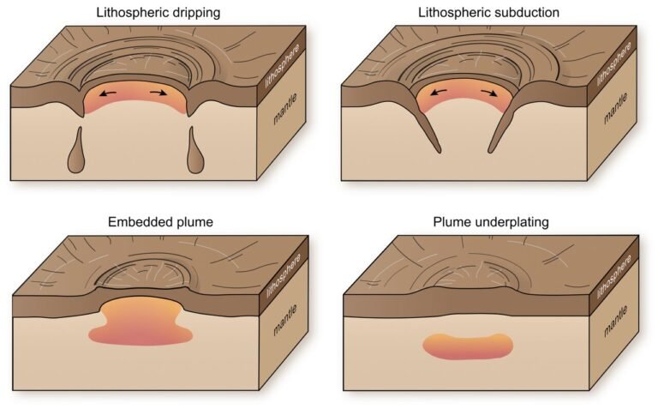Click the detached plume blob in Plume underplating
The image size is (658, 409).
point(468,346)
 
